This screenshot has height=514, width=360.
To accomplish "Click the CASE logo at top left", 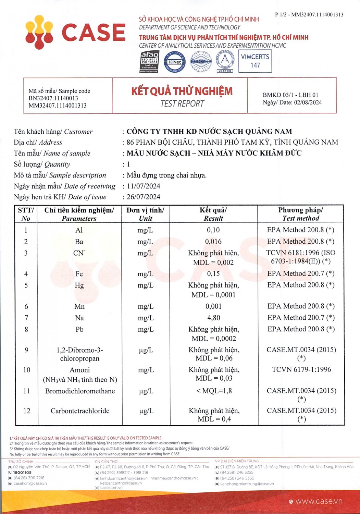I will click(x=75, y=33).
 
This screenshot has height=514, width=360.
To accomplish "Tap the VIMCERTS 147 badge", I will click(x=255, y=61).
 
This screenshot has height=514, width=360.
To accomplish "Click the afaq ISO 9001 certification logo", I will click(x=149, y=62).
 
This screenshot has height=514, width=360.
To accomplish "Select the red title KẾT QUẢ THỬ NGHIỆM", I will click(x=182, y=91).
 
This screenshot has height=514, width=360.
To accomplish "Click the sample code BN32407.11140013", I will click(x=53, y=98).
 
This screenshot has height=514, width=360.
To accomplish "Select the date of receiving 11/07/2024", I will click(x=144, y=186).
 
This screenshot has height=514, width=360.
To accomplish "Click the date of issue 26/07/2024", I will click(x=144, y=197).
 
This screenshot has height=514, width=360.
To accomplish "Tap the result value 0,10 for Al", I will click(x=213, y=230).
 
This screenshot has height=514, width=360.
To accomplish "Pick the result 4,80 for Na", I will click(x=213, y=318).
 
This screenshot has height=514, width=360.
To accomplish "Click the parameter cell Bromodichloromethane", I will click(x=80, y=391).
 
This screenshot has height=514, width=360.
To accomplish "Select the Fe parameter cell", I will click(x=79, y=274).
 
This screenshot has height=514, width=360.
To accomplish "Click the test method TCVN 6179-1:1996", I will click(x=301, y=369).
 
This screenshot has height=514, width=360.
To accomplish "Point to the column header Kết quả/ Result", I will click(x=213, y=214).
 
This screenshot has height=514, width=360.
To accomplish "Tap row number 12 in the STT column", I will click(x=27, y=411).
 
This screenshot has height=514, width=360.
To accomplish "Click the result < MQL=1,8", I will click(x=214, y=391).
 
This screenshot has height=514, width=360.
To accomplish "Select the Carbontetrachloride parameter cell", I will click(x=80, y=411).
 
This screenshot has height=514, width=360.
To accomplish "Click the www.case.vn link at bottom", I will click(x=319, y=501).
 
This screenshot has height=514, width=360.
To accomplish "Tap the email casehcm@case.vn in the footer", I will click(x=30, y=484).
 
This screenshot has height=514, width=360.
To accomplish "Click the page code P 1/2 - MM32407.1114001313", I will click(x=309, y=15).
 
